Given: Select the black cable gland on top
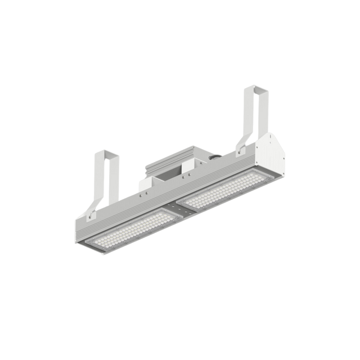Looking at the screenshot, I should [x=214, y=159].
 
